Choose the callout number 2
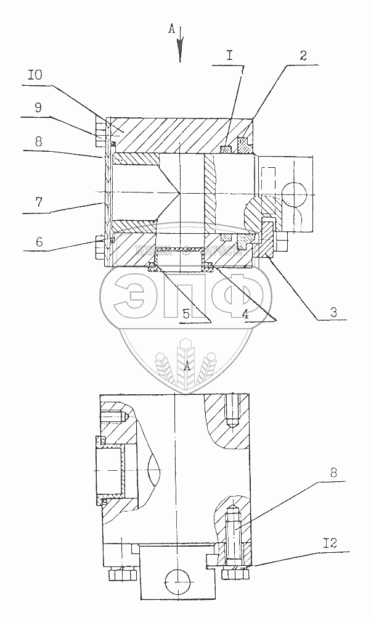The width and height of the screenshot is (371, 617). [303, 55]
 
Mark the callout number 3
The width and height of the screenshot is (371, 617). [332, 312]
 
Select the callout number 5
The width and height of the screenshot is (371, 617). [185, 313]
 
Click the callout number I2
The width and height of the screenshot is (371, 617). [329, 542]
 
